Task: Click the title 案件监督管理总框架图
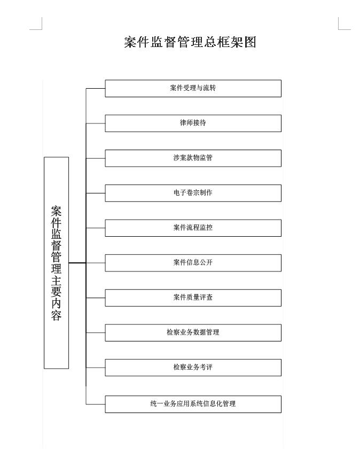click(190, 42)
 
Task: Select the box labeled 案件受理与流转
click(193, 88)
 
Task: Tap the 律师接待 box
click(193, 123)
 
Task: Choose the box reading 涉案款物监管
click(193, 158)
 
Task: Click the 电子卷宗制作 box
click(193, 193)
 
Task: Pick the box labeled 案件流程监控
click(193, 228)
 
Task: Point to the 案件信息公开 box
click(193, 263)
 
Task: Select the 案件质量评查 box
click(193, 298)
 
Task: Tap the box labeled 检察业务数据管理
click(193, 333)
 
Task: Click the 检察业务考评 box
click(193, 368)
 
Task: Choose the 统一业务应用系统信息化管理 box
click(193, 404)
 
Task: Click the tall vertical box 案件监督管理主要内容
click(57, 262)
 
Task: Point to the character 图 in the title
click(250, 42)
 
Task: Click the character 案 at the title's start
click(130, 42)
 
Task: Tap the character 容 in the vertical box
click(57, 315)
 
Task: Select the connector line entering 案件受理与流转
click(96, 88)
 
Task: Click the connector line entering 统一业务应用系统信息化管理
click(96, 404)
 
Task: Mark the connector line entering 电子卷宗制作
click(96, 193)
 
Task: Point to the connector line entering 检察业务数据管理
click(96, 333)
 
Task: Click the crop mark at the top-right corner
click(339, 29)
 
